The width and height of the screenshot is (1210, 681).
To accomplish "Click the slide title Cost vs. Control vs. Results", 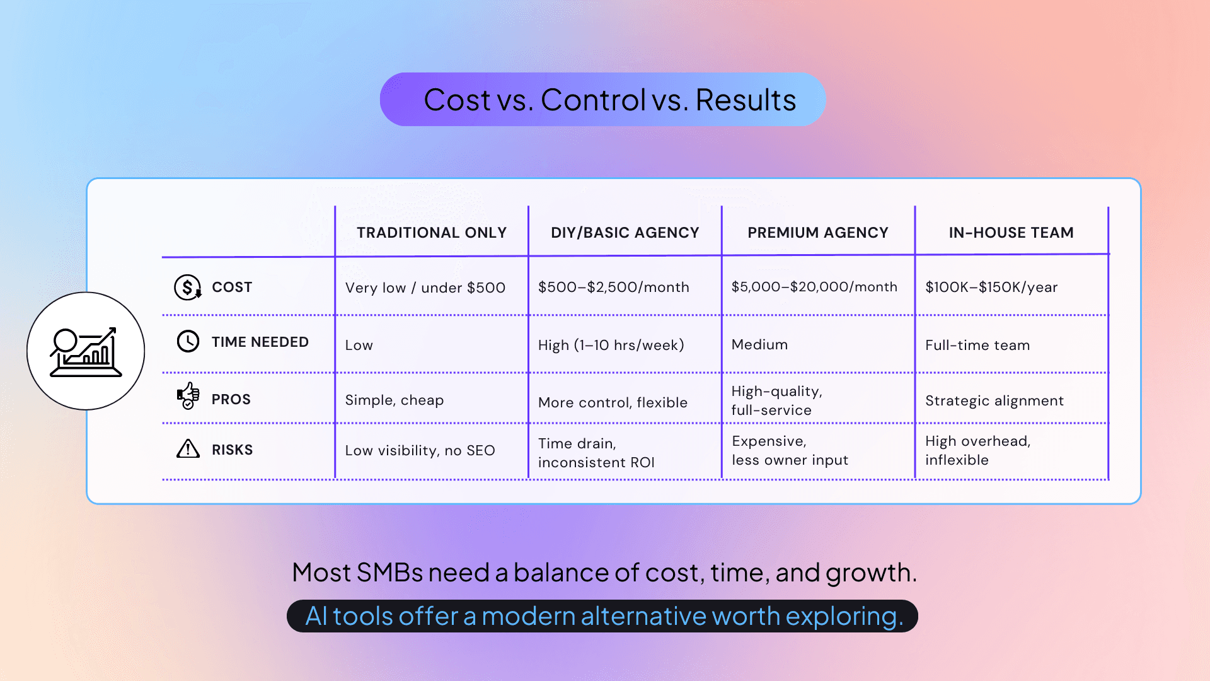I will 609,100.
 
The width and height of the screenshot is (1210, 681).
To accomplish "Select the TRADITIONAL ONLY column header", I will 432,233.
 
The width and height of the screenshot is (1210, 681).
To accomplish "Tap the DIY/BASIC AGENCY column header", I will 625,233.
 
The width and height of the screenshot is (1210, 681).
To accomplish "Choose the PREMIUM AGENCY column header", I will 817,233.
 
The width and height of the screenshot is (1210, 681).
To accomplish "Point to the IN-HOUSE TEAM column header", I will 1011,233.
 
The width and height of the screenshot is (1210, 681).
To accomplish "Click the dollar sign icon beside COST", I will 187,288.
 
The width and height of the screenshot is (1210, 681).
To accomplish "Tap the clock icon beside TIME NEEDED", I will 188,342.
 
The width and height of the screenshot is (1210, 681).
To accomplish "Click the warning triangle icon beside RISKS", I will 188,449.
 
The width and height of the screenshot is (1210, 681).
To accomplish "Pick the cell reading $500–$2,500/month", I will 613,288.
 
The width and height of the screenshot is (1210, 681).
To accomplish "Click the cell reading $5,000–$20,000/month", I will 814,287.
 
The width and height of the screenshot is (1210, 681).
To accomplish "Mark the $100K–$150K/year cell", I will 991,288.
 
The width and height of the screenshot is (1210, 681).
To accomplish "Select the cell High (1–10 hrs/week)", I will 611,345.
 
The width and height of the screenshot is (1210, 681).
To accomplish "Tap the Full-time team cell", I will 977,345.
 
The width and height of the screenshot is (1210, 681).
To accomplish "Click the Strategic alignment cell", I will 994,400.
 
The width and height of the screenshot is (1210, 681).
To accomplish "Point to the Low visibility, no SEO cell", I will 420,450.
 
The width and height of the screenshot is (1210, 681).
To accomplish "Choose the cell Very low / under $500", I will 425,288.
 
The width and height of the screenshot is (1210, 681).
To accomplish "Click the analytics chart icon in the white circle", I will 86,351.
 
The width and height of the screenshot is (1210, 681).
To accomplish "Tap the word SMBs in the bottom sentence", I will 389,573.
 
